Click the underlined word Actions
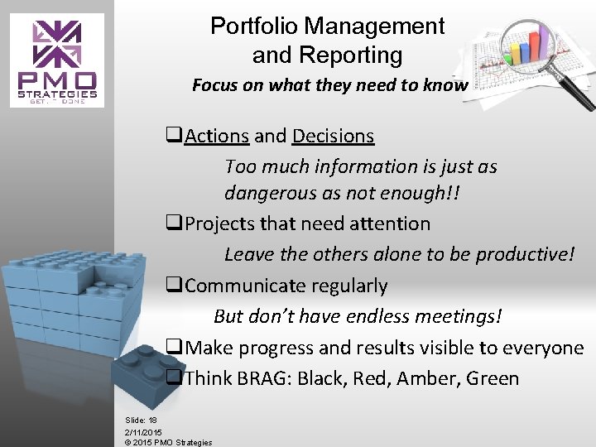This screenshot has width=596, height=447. pyautogui.click(x=217, y=136)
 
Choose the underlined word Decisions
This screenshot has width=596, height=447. pyautogui.click(x=331, y=136)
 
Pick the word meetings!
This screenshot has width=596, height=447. pyautogui.click(x=459, y=317)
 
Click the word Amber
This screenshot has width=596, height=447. pyautogui.click(x=424, y=379)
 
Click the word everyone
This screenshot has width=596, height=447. pyautogui.click(x=546, y=348)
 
